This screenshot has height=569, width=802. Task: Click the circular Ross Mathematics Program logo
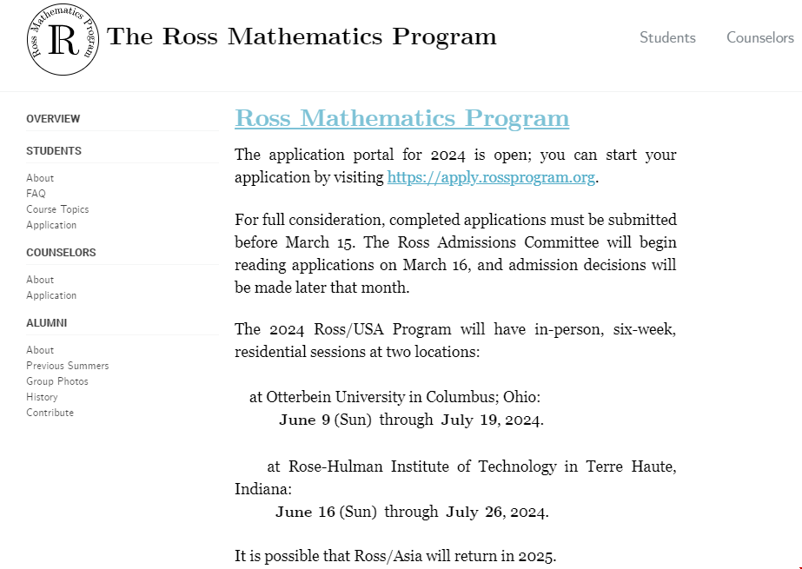pos(63,39)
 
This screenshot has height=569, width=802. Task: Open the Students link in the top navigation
pos(667,37)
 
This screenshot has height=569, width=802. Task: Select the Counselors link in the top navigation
pos(759,37)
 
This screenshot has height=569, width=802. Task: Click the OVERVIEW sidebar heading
pos(53,119)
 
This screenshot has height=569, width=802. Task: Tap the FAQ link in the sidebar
pos(36,194)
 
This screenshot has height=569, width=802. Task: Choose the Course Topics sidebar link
pos(57,209)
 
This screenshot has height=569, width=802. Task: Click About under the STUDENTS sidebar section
pos(40,178)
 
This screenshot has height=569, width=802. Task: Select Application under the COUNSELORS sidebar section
pos(51,295)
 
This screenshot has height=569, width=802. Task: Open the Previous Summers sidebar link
pos(68,366)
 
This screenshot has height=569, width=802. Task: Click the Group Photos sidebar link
pos(57,381)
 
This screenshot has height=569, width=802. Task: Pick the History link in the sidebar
pos(42,397)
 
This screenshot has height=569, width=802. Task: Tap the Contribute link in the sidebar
pos(50,413)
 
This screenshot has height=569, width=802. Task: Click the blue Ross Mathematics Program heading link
pos(401,118)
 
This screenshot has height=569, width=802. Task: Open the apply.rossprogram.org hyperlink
pos(491,177)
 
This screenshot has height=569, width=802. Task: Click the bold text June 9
pos(304,420)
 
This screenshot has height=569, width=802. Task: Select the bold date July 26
pos(474,511)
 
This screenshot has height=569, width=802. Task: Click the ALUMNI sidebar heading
pos(46,323)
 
